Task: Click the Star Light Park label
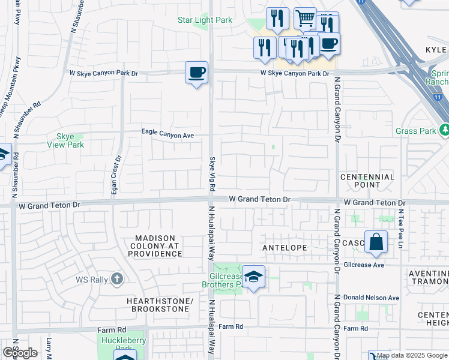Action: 205,20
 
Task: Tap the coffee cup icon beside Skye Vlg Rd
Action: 196,73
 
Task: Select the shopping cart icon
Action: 305,19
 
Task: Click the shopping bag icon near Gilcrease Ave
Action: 375,243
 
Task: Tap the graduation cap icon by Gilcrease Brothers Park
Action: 253,277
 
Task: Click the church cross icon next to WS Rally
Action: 117,279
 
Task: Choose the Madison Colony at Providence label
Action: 154,246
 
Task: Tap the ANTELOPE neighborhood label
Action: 285,248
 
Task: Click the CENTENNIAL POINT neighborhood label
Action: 367,181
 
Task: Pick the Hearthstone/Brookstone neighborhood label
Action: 158,304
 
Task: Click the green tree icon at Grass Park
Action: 445,130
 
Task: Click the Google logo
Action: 20,353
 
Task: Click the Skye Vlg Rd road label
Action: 212,175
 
